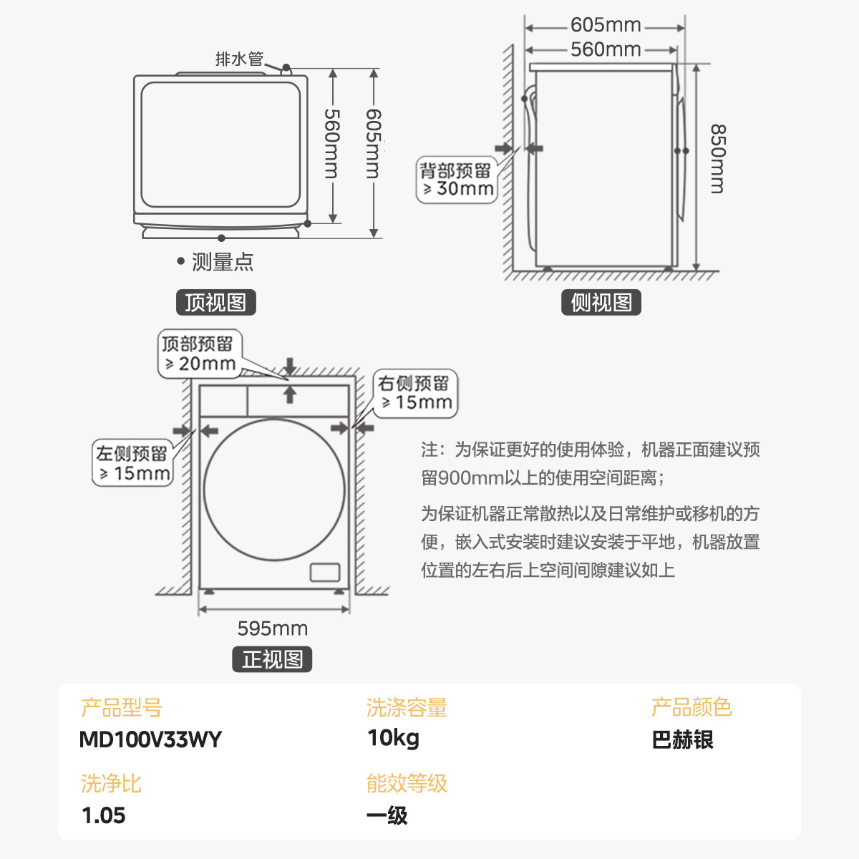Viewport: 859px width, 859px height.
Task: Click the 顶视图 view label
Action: [x=215, y=303]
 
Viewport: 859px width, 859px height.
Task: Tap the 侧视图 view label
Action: [x=601, y=303]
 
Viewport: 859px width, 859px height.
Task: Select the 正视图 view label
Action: [x=272, y=659]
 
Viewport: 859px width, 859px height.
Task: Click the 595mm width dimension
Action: [x=273, y=629]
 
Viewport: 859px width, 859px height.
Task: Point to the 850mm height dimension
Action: [x=717, y=159]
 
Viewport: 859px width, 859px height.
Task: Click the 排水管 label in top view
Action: [x=239, y=59]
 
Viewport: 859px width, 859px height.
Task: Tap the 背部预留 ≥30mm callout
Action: [x=457, y=180]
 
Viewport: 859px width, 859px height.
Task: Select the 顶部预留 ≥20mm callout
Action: [x=199, y=354]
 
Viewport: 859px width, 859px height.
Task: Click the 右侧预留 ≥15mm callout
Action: [x=415, y=393]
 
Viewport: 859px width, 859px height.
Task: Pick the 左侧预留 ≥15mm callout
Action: [x=133, y=463]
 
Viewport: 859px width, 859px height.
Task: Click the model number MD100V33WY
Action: [x=150, y=739]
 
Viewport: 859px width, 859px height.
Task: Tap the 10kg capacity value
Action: [x=393, y=738]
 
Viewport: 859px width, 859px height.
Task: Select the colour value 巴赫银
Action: [x=682, y=739]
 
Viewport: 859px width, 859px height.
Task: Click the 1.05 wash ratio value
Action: [x=104, y=815]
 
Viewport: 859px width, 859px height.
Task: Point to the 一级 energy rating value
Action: [x=387, y=815]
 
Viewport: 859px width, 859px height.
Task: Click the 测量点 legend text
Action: [x=222, y=262]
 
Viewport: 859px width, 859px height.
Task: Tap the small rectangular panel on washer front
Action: [x=324, y=572]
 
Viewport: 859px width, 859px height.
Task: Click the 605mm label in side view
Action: [x=606, y=25]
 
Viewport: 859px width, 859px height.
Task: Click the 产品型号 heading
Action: [x=122, y=708]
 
